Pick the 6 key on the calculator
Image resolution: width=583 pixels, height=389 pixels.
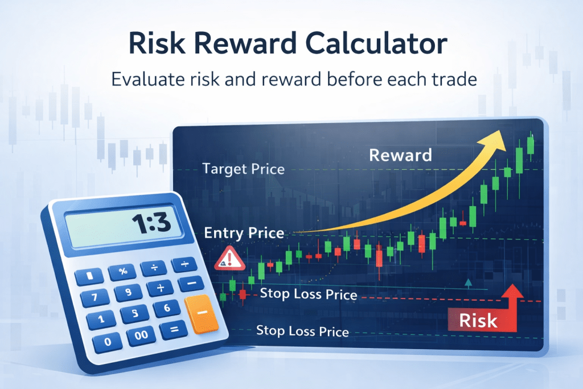pos(166,308)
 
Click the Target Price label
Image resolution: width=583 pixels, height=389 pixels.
pos(243,169)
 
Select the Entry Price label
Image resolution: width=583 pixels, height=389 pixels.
pos(244,232)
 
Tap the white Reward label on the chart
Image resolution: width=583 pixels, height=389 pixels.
pos(400,154)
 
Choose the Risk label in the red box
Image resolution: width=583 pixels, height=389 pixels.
pos(477,320)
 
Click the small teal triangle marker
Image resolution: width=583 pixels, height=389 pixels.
pos(468,282)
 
